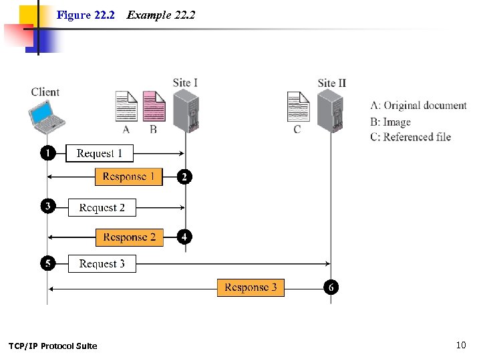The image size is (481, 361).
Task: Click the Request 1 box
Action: tap(100, 154)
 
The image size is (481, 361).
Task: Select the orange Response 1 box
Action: tap(128, 177)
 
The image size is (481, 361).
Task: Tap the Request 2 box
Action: tap(102, 208)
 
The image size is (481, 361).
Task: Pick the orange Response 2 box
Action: tap(129, 237)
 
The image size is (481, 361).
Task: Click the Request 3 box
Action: tap(102, 264)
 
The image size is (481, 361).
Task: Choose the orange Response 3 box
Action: tap(251, 287)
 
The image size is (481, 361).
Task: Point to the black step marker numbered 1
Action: tap(47, 153)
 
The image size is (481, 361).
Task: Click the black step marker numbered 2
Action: tap(184, 176)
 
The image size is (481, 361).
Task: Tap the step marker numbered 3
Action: tap(47, 207)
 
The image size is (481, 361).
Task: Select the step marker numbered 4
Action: tap(184, 237)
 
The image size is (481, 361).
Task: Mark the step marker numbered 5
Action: tap(47, 263)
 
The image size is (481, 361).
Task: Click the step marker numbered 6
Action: tap(331, 287)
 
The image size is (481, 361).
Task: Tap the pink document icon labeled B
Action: tap(154, 106)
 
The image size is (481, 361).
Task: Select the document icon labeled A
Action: tap(126, 106)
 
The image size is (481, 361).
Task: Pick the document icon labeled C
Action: tap(298, 107)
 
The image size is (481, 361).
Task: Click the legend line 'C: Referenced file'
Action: tap(410, 137)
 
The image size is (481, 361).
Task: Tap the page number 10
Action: tap(460, 345)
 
